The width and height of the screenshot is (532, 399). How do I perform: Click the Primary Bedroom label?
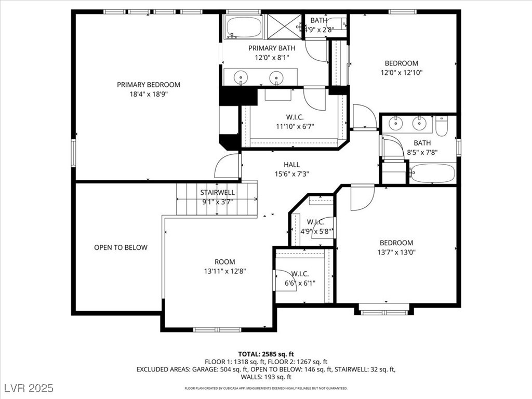148,85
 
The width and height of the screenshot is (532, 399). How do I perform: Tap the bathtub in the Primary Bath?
244,27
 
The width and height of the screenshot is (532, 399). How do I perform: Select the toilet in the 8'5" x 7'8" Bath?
442,126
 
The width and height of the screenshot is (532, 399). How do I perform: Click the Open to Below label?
121,247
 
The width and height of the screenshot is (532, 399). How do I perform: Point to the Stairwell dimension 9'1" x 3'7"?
217,202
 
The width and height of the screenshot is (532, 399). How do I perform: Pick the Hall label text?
292,165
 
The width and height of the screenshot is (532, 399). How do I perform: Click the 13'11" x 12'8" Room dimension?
224,271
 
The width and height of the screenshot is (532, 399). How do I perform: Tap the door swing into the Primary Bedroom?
227,166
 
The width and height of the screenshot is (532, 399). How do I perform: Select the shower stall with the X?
284,26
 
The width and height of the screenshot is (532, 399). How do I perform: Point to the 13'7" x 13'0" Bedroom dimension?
396,252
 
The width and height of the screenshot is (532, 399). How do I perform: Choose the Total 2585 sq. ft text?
265,354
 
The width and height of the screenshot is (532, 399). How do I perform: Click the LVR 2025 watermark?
29,388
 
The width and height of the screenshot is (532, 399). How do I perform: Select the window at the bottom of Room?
217,329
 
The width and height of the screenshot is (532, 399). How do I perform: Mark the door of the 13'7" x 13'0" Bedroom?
362,198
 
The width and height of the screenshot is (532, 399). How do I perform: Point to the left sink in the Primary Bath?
241,78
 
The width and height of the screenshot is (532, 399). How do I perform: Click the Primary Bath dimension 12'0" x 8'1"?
272,57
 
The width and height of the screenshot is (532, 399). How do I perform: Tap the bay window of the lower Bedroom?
384,312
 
